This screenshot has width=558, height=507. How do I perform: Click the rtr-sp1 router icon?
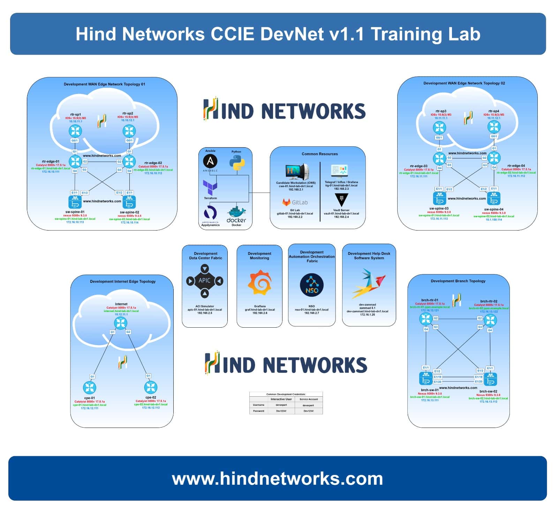pyautogui.click(x=75, y=131)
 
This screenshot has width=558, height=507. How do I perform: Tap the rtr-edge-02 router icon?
pyautogui.click(x=129, y=161)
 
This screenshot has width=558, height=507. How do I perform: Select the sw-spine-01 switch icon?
pyautogui.click(x=75, y=202)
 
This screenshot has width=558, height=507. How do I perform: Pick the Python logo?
pyautogui.click(x=237, y=163)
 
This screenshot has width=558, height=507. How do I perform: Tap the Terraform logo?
pyautogui.click(x=210, y=188)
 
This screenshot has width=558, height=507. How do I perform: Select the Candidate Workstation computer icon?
pyautogui.click(x=296, y=172)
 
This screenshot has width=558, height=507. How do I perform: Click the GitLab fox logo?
pyautogui.click(x=286, y=202)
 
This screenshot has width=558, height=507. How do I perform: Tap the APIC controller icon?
pyautogui.click(x=205, y=281)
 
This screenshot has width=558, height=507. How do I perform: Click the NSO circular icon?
pyautogui.click(x=312, y=285)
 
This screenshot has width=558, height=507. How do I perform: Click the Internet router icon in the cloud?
pyautogui.click(x=121, y=323)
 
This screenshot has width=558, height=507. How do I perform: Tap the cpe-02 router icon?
pyautogui.click(x=151, y=387)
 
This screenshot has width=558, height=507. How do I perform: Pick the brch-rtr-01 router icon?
pyautogui.click(x=425, y=319)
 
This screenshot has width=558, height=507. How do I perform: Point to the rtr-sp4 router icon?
pyautogui.click(x=494, y=127)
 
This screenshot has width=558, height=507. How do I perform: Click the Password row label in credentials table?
pyautogui.click(x=258, y=411)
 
